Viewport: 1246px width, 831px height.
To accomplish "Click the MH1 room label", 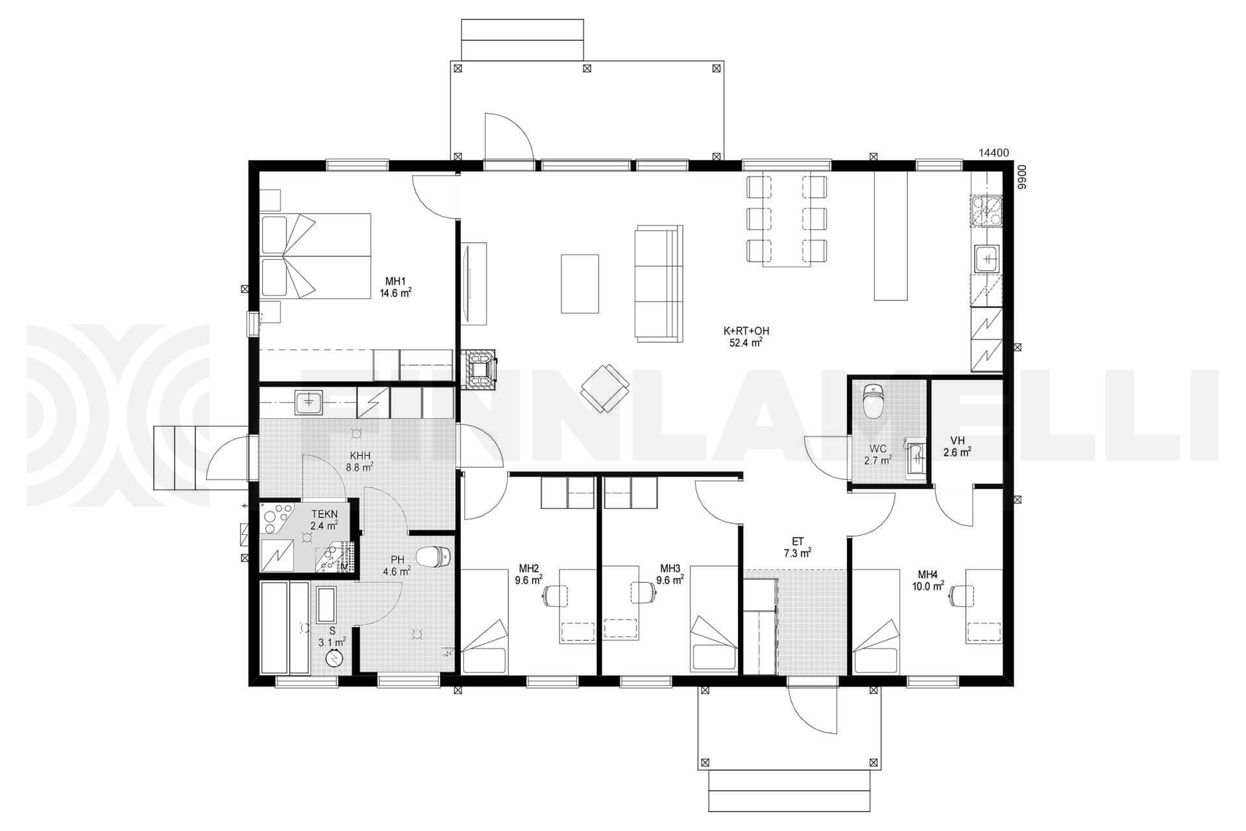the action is pos(395,281).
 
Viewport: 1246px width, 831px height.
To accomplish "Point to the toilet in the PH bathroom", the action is pos(434,556).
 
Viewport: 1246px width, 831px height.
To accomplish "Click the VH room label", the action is pos(957,441).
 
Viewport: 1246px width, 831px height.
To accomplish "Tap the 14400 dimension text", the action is pos(994,153).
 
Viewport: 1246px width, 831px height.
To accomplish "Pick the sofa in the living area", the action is pos(659,283).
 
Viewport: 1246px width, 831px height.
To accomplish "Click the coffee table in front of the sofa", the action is pos(580,284).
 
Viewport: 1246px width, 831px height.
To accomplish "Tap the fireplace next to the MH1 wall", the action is pos(479,369).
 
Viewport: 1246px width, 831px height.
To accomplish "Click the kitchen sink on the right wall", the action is pos(987,259).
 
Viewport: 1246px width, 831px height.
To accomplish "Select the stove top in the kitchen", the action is pos(987,209).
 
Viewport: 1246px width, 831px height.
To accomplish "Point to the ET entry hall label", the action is pos(798,541).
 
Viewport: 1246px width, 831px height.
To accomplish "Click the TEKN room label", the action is pos(324,514).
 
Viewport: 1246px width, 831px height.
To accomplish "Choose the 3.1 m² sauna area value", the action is pos(332,642).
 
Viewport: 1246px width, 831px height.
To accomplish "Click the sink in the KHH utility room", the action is pos(312,403).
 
